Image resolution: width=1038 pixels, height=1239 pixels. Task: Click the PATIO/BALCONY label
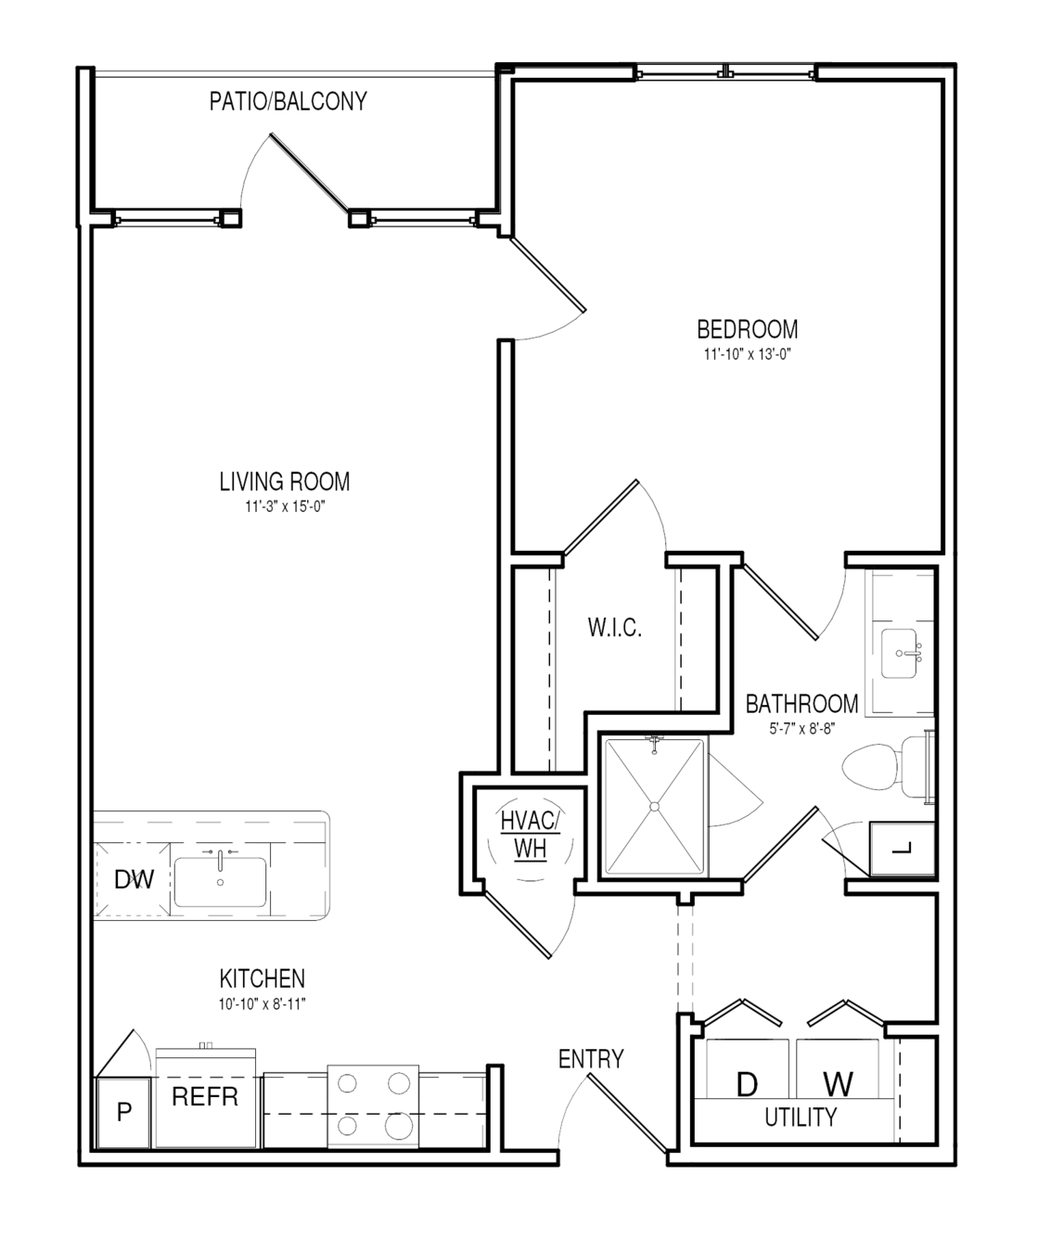pos(288,101)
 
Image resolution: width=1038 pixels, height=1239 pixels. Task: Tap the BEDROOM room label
pos(748,329)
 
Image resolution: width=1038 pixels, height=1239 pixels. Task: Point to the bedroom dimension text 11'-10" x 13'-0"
pos(748,354)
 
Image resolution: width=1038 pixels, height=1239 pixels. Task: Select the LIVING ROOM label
pos(284,481)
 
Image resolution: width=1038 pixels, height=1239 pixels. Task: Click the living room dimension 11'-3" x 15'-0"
pos(286,506)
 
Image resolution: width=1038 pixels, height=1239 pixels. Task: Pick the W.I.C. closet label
pos(615,627)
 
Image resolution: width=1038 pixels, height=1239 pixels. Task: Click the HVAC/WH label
pos(530,835)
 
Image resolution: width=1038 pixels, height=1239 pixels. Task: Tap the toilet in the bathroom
pos(887,767)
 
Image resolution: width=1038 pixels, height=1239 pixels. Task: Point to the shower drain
pos(655,807)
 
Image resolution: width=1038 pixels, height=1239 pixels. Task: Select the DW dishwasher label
pos(135,879)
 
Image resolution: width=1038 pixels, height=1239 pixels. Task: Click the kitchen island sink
pos(220,882)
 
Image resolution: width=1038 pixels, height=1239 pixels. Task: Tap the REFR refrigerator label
pos(205,1096)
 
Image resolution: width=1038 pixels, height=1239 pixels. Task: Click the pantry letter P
pos(124,1111)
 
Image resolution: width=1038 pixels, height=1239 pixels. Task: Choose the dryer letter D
pos(748,1085)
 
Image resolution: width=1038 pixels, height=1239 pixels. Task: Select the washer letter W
pos(838,1084)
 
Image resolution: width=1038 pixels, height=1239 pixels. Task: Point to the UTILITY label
pos(801,1118)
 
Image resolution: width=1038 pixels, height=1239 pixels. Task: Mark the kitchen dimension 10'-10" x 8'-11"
pos(262,1004)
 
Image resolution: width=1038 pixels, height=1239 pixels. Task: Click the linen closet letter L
pos(902,849)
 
